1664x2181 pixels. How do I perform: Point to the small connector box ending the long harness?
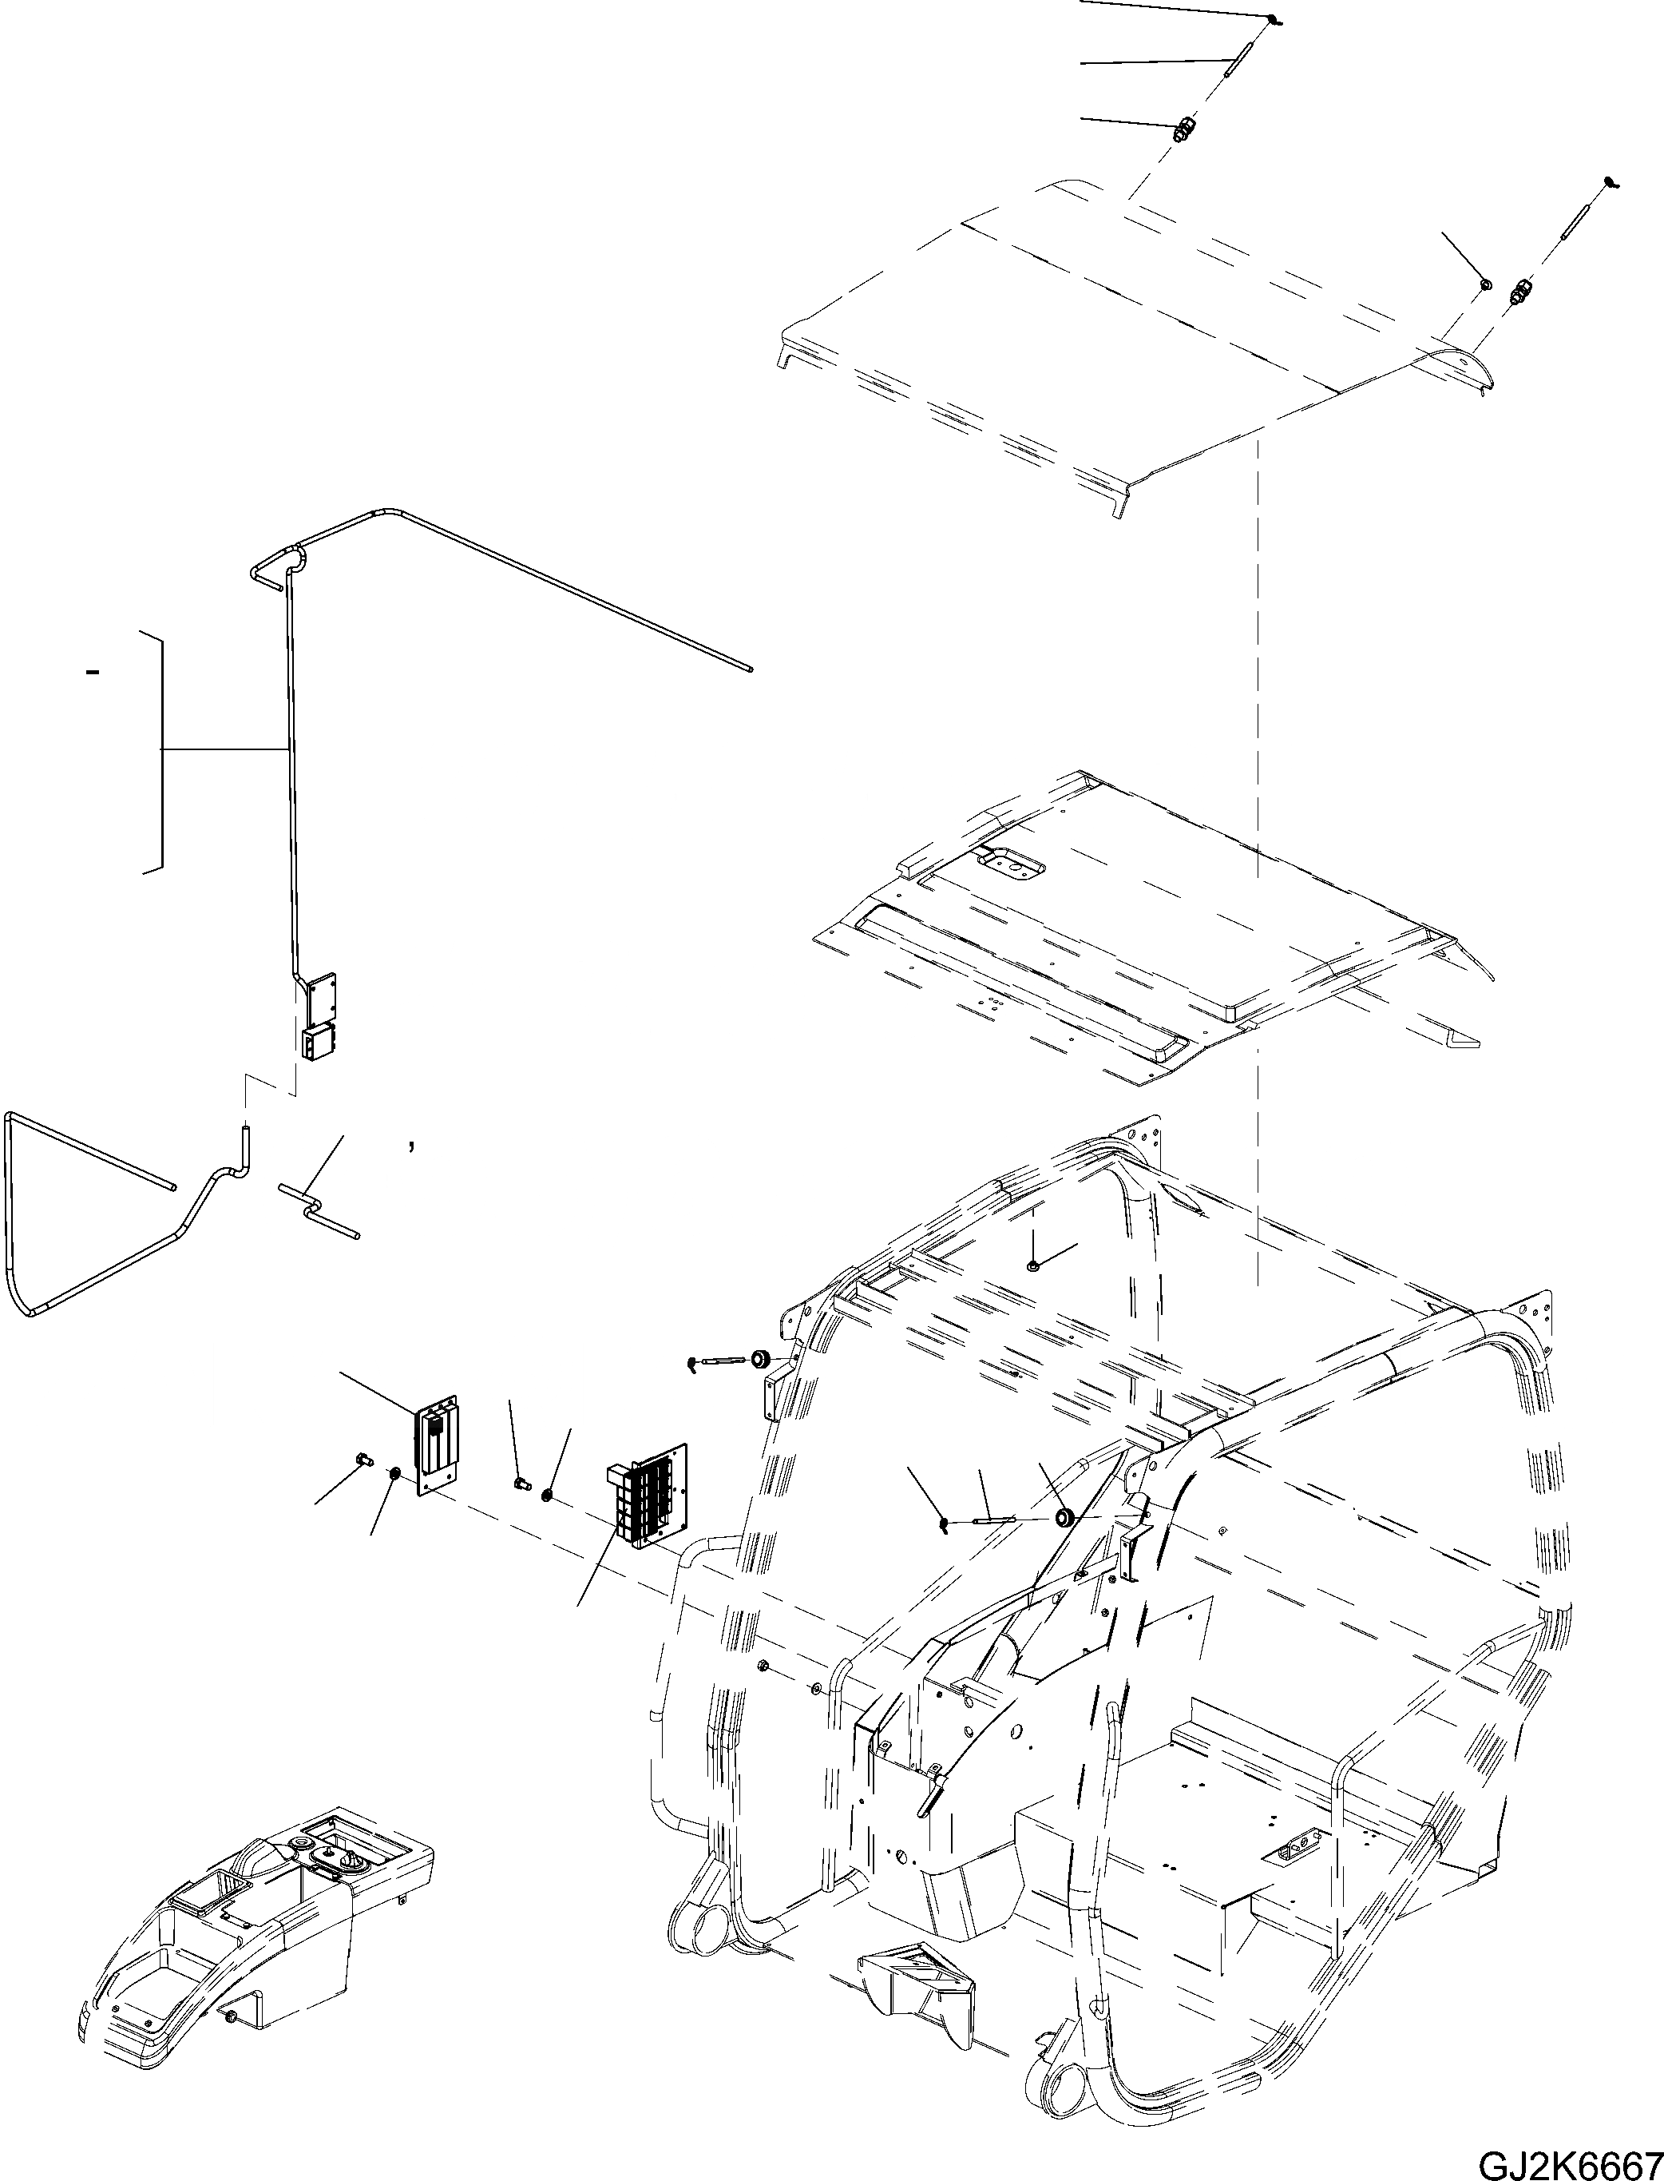(318, 1044)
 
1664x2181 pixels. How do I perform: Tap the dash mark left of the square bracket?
(93, 673)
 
